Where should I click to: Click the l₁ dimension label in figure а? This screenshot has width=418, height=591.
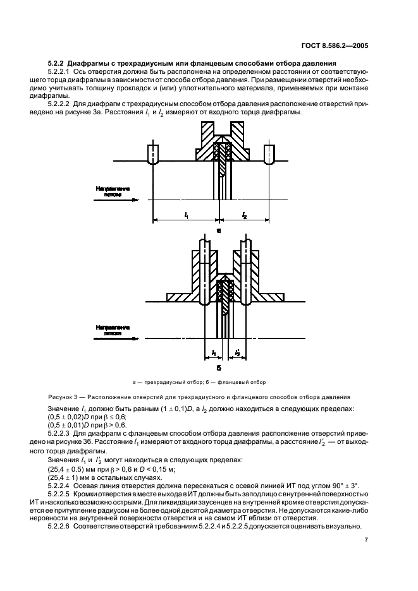[186, 215]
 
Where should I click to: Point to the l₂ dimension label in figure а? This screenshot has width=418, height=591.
[244, 215]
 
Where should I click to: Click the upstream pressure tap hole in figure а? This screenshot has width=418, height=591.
[152, 155]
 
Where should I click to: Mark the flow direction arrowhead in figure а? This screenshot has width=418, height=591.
[135, 200]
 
